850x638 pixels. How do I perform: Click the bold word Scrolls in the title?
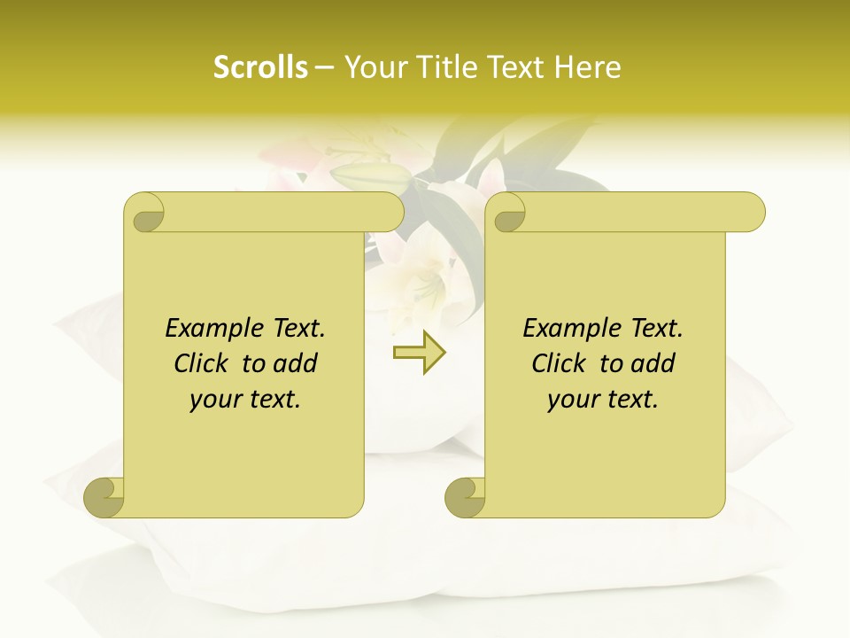(261, 67)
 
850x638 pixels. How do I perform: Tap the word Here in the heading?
(588, 67)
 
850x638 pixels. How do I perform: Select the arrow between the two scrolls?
(419, 352)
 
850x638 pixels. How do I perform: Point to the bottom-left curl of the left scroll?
(104, 497)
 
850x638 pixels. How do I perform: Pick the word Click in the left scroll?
(203, 363)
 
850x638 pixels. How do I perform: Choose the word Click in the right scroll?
(560, 363)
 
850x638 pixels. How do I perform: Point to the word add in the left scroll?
(294, 363)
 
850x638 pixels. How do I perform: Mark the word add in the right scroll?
(652, 363)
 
